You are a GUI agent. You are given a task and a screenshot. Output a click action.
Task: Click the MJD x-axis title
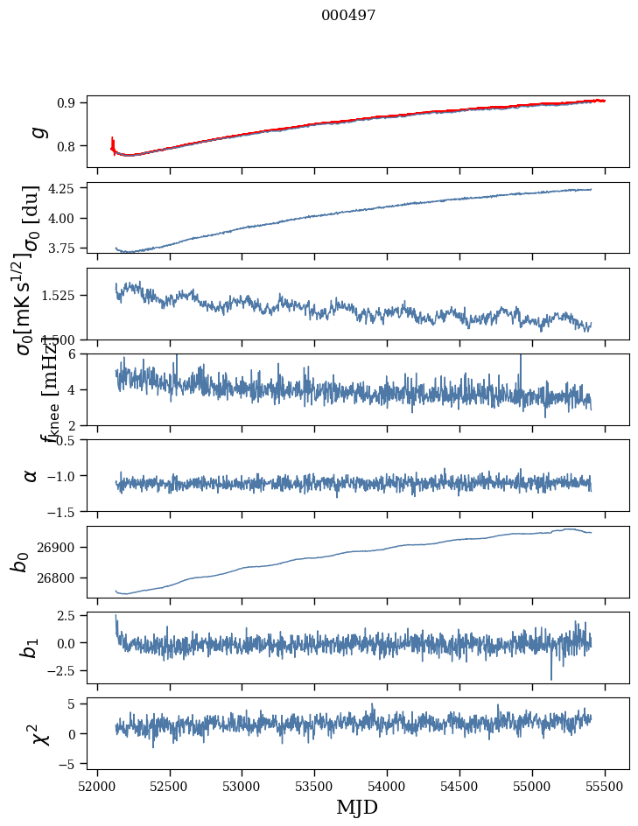point(358,807)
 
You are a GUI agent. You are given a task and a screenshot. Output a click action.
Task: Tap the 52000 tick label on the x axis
point(97,785)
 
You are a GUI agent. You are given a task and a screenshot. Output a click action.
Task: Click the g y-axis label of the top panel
point(37,131)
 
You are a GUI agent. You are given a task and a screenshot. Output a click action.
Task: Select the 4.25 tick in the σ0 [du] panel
point(63,188)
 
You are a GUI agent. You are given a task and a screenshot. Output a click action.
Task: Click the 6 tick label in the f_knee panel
point(76,353)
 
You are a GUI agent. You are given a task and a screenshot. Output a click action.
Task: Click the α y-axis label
point(32,474)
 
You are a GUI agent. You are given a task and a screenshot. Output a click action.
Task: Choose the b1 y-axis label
point(32,647)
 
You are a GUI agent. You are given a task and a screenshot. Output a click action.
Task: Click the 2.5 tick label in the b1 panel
point(67,616)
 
